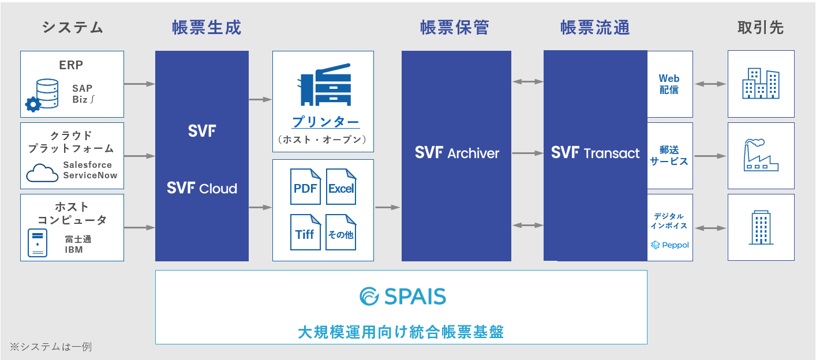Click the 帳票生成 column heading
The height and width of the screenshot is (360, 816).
(x=207, y=28)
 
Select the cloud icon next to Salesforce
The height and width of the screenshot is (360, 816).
(x=42, y=172)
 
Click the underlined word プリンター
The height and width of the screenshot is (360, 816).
(x=325, y=122)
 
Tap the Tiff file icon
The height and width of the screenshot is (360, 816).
(x=305, y=232)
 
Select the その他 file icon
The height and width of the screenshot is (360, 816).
(x=341, y=232)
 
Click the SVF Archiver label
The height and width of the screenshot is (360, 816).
(x=457, y=153)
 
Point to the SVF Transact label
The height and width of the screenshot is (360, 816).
(x=595, y=153)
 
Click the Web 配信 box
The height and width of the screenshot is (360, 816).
(x=669, y=84)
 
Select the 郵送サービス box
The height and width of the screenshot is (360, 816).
(x=669, y=156)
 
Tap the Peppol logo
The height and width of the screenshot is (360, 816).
(x=670, y=245)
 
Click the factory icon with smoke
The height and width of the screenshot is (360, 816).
(x=761, y=155)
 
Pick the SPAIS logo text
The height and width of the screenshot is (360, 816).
(x=402, y=297)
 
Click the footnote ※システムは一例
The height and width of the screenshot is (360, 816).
(x=50, y=347)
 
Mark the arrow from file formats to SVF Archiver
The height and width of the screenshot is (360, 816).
(x=387, y=207)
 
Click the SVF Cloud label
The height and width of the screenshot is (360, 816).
(x=201, y=188)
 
